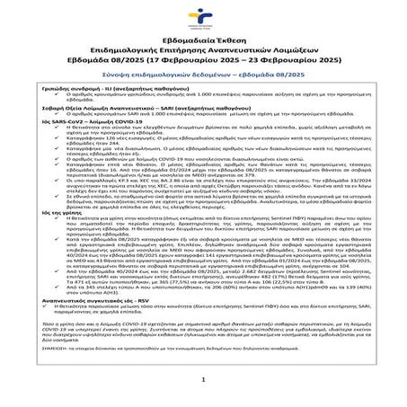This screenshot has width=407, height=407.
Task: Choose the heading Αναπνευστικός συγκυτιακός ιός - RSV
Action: tap(99, 319)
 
